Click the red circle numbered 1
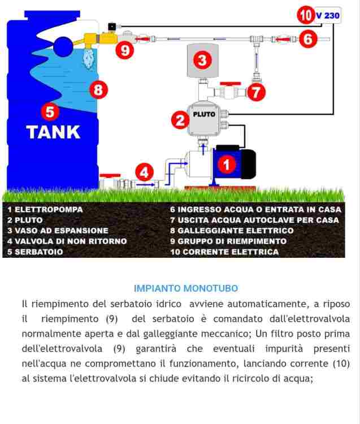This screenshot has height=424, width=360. pyautogui.click(x=227, y=165)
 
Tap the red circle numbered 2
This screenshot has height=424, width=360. pyautogui.click(x=180, y=120)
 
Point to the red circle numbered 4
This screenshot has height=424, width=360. pyautogui.click(x=146, y=172)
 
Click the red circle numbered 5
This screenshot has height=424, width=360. pyautogui.click(x=51, y=112)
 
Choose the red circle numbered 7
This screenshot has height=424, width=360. pyautogui.click(x=257, y=92)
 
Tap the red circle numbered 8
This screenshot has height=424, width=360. pyautogui.click(x=99, y=89)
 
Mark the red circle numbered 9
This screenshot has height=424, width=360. pyautogui.click(x=125, y=50)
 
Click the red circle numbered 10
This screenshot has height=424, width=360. pyautogui.click(x=305, y=15)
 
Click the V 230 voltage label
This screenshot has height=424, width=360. pyautogui.click(x=327, y=15)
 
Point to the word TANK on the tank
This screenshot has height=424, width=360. pyautogui.click(x=53, y=132)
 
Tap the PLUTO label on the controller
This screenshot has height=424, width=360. pyautogui.click(x=204, y=114)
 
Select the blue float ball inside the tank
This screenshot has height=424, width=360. pyautogui.click(x=62, y=44)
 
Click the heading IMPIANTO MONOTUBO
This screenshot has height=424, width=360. pyautogui.click(x=186, y=288)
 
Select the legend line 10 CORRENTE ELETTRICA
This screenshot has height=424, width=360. pyautogui.click(x=224, y=252)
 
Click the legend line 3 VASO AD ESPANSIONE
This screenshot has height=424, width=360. pyautogui.click(x=58, y=231)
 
